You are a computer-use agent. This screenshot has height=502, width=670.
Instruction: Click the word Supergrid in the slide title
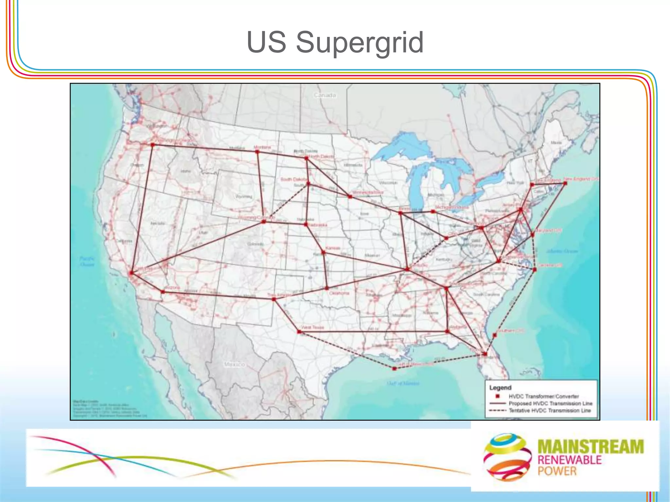(360, 42)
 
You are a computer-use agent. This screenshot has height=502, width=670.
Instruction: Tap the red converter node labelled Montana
(257, 152)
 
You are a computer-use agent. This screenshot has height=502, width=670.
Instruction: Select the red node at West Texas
(299, 332)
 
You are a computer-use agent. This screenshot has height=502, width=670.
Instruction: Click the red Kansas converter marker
(323, 252)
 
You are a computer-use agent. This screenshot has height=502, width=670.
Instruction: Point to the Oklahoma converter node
(327, 288)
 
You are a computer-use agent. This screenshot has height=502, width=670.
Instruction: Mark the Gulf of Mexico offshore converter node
(395, 369)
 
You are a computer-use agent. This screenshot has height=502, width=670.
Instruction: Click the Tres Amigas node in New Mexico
(274, 299)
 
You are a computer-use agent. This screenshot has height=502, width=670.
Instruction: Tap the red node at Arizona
(163, 292)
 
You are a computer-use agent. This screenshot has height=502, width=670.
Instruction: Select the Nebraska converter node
(306, 225)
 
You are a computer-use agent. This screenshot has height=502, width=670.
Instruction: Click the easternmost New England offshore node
(565, 184)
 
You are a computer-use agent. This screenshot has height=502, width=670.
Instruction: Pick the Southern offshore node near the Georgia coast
(495, 335)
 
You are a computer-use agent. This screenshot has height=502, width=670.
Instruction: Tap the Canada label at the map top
(325, 95)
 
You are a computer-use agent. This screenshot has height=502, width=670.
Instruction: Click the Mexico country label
(234, 364)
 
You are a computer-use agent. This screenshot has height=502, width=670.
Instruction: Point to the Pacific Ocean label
(87, 261)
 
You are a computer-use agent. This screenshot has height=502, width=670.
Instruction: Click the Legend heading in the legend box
(500, 388)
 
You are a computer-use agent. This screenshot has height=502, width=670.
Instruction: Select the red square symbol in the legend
(498, 396)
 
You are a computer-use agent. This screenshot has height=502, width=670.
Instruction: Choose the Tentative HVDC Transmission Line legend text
(550, 410)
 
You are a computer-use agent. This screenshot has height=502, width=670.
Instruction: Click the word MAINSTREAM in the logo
(591, 447)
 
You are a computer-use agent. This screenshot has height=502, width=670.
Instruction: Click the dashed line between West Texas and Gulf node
(347, 350)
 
